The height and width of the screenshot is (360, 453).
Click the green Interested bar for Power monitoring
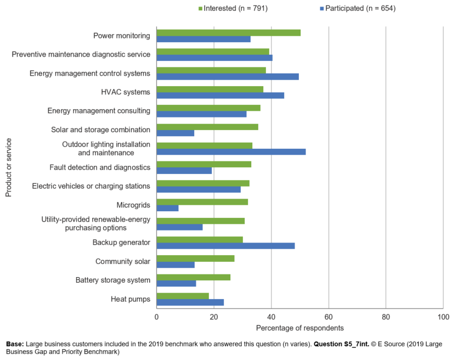[x=228, y=32]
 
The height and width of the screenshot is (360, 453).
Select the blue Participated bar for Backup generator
[x=225, y=246]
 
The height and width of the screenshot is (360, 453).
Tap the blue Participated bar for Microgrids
[x=167, y=208]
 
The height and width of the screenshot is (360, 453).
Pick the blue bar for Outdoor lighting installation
[x=231, y=152]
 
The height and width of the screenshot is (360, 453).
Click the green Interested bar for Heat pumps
[x=183, y=296]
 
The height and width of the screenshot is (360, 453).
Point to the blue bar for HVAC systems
[x=220, y=95]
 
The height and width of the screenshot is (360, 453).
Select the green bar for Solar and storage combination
[x=207, y=127]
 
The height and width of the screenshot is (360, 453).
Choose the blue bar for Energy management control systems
[x=228, y=77]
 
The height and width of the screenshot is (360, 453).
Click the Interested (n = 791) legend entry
[x=233, y=8]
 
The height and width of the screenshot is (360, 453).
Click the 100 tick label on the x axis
[x=443, y=317]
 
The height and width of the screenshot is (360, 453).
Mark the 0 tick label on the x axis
[x=157, y=317]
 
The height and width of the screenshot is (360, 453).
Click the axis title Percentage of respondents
[x=299, y=328]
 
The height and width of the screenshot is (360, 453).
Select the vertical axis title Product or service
[x=9, y=167]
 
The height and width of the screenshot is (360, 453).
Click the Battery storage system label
[x=112, y=280]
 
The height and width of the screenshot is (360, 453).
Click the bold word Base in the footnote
[x=15, y=344]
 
